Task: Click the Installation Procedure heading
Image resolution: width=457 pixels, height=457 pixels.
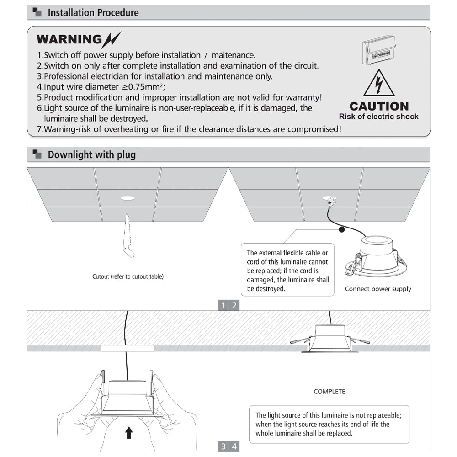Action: pyautogui.click(x=93, y=12)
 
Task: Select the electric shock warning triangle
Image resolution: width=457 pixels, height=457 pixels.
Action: pyautogui.click(x=379, y=84)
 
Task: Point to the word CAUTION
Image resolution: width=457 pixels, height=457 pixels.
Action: pyautogui.click(x=379, y=106)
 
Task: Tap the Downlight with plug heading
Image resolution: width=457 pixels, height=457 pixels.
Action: pyautogui.click(x=91, y=154)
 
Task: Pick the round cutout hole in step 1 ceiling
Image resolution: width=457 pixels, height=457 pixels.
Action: pyautogui.click(x=128, y=198)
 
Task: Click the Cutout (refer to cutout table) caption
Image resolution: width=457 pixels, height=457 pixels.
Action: pyautogui.click(x=128, y=276)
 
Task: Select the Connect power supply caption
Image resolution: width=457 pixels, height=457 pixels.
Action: pyautogui.click(x=378, y=289)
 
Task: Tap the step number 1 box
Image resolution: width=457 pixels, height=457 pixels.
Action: pyautogui.click(x=223, y=306)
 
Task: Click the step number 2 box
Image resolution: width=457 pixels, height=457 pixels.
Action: pyautogui.click(x=234, y=306)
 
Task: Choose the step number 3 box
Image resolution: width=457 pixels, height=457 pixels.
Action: pyautogui.click(x=223, y=446)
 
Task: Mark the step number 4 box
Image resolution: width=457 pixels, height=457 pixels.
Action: pyautogui.click(x=234, y=446)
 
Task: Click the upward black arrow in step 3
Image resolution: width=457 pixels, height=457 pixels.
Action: pyautogui.click(x=129, y=432)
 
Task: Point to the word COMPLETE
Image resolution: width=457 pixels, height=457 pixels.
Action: pyautogui.click(x=329, y=392)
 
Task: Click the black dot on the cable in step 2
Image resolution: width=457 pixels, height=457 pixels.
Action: pyautogui.click(x=341, y=231)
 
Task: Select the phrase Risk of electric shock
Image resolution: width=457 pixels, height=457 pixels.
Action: pyautogui.click(x=379, y=117)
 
